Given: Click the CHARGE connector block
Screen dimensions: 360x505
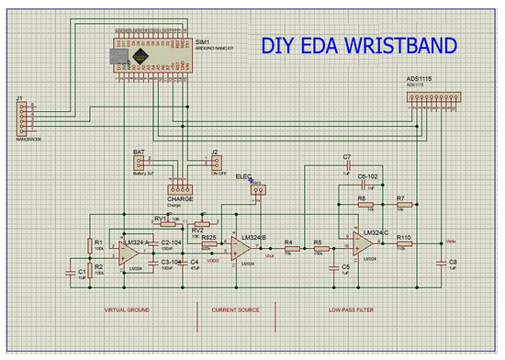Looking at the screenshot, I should click(x=179, y=185).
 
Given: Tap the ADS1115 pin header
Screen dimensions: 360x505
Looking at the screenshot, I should click(x=432, y=96).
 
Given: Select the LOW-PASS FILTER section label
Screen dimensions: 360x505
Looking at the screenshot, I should click(x=352, y=310).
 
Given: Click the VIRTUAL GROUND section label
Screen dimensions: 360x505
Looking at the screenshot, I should click(x=126, y=310).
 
